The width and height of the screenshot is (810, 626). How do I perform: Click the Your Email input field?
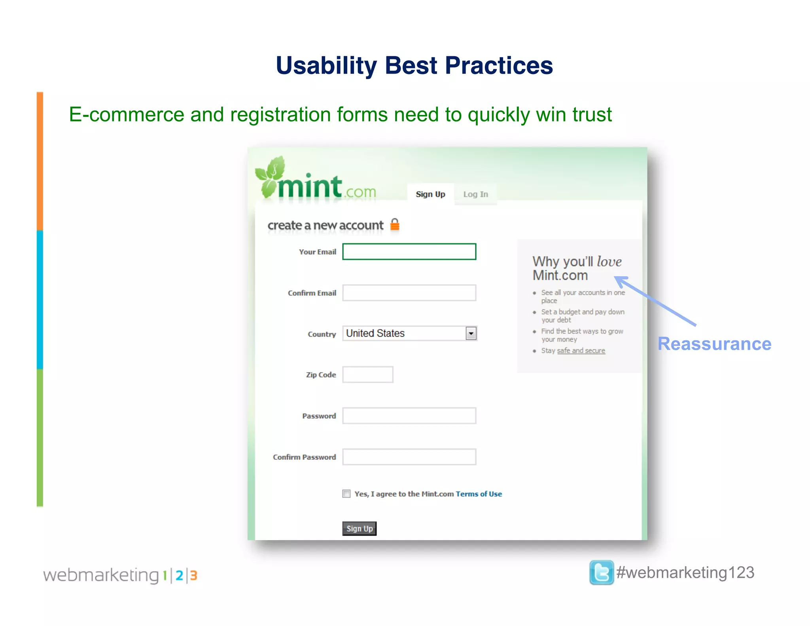point(409,252)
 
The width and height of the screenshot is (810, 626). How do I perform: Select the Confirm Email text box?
point(409,293)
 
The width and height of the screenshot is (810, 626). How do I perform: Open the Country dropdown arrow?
point(471,334)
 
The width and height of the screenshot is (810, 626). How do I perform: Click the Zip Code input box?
point(367,375)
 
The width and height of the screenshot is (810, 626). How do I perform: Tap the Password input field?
point(409,416)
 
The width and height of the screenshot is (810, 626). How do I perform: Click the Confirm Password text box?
point(409,457)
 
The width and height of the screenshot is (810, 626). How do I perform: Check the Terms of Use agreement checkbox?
point(346,494)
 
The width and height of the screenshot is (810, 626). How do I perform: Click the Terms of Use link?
point(479,494)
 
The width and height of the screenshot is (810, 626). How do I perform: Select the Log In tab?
point(475,194)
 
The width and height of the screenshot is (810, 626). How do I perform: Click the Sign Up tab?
point(430,194)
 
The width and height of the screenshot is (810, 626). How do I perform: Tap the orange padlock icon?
point(395,224)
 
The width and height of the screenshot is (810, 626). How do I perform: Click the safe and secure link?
point(581,351)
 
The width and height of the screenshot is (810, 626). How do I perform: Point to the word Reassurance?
point(714,344)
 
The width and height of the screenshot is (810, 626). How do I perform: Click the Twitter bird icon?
point(601,572)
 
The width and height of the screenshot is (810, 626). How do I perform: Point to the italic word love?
point(609,262)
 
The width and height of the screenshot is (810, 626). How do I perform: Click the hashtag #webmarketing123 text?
point(685,573)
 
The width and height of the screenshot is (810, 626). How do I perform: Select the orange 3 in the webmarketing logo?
point(193,575)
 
